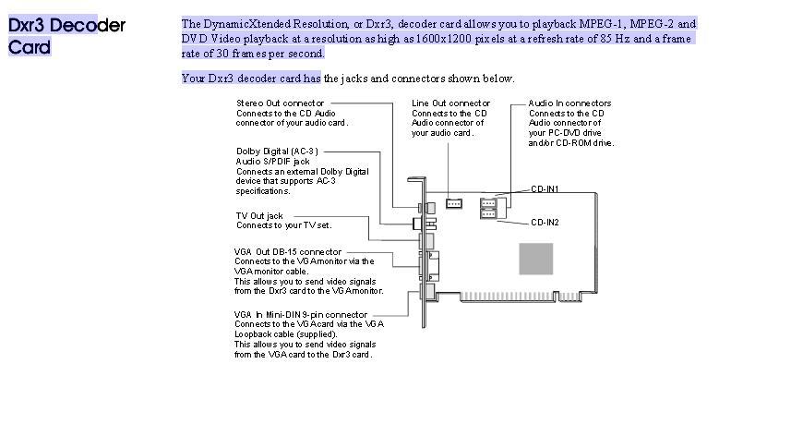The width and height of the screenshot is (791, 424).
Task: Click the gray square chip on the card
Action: point(535,258)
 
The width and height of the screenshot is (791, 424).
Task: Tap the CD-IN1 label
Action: point(545,189)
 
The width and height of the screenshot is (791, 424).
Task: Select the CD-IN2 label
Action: point(545,223)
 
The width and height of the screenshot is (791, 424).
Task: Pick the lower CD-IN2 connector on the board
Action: point(487,214)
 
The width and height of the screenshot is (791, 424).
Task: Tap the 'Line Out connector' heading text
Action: point(450,103)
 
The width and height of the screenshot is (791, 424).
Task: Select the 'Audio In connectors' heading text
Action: point(569,103)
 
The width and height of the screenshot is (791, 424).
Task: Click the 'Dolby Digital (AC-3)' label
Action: point(277,151)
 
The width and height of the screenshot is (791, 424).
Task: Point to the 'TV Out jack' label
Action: point(259,216)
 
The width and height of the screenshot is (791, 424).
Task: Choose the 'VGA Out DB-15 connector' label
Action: point(288,252)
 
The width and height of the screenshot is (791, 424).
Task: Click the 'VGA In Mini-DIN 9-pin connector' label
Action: point(301,314)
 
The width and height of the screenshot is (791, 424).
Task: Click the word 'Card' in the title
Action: point(30,46)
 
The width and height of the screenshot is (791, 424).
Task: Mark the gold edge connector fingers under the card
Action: point(526,297)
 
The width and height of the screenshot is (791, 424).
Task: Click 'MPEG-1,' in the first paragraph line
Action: point(604,24)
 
